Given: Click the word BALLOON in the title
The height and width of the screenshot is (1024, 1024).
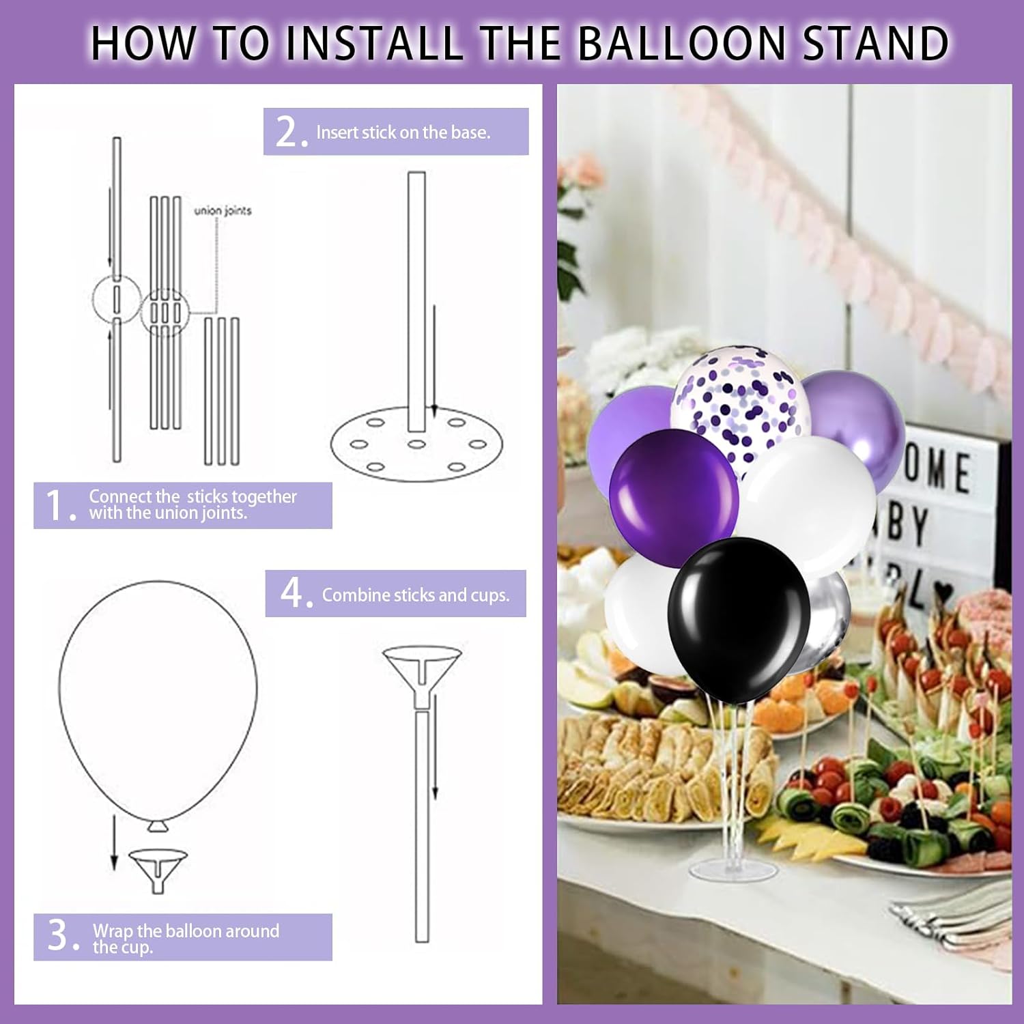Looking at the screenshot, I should pos(683,42).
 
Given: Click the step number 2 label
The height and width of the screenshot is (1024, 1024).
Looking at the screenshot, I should pos(289,132).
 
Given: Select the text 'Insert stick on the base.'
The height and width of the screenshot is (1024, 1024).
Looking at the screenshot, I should pos(403,132).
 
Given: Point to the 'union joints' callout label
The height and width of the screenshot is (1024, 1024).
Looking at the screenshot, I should pos(223,210).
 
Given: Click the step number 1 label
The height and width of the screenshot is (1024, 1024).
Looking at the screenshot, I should pos(59,506).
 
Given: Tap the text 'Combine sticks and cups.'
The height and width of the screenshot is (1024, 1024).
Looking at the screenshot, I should pos(415,595).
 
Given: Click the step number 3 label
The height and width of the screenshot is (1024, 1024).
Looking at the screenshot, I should pos(61,936).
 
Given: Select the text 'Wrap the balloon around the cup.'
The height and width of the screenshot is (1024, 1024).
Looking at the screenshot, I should pos(186,938).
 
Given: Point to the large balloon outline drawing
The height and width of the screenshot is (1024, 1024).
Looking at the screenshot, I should pos(158,696).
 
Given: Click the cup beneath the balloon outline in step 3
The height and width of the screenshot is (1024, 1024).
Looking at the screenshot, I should pos(158,867).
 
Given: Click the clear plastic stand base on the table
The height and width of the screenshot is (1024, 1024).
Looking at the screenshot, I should pos(734,870).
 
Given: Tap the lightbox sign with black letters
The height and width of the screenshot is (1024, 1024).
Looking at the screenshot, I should pos(942,519).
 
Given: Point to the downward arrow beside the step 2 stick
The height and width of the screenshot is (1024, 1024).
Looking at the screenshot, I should pos(434,362).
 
